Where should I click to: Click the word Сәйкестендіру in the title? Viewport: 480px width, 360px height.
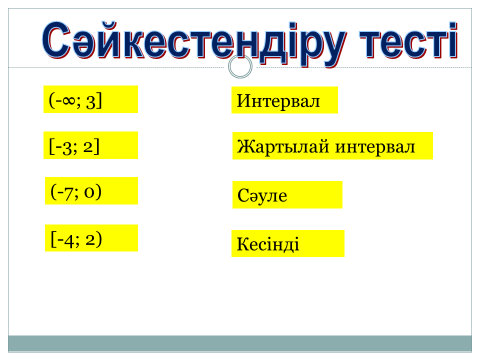[194, 43]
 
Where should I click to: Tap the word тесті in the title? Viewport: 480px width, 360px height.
[409, 42]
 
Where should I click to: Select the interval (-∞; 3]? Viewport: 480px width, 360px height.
[75, 100]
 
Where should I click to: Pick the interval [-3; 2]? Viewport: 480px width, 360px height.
[74, 146]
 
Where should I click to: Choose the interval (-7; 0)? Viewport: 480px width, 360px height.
[76, 192]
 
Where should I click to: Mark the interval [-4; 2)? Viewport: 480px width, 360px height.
[76, 239]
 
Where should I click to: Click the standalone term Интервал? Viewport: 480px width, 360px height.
[278, 101]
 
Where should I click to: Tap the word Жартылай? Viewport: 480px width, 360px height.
[283, 147]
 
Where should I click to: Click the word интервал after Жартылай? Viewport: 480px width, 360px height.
[375, 147]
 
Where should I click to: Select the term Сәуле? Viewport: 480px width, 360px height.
[262, 195]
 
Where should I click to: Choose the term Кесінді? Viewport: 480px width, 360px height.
[268, 244]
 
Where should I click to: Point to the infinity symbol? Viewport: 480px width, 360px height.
[68, 100]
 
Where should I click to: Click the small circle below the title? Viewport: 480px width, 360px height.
[240, 66]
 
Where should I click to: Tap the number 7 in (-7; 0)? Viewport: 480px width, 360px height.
[68, 193]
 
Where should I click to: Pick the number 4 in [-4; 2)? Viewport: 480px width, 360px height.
[69, 240]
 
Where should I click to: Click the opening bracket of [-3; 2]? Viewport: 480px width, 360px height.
[51, 146]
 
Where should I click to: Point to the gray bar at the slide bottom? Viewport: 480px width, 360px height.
[240, 344]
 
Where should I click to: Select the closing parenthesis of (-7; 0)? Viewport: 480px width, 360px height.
[98, 192]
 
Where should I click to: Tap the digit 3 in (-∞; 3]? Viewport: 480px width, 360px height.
[91, 101]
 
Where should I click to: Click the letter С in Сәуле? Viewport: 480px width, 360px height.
[243, 195]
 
